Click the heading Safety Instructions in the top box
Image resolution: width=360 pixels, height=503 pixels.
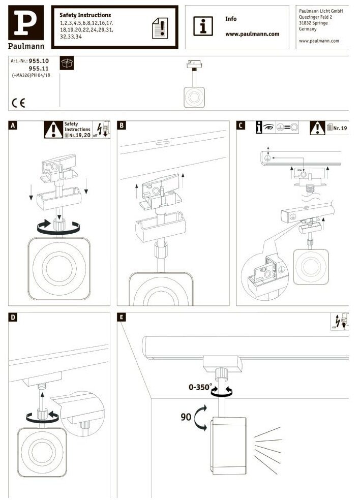pyautogui.click(x=85, y=15)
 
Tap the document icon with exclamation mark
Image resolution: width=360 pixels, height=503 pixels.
pyautogui.click(x=160, y=27)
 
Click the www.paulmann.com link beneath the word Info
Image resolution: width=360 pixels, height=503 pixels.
pyautogui.click(x=252, y=34)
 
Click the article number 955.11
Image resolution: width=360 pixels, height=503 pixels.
pyautogui.click(x=39, y=67)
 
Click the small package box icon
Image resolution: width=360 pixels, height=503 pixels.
pyautogui.click(x=67, y=64)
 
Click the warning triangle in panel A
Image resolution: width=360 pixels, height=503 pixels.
pyautogui.click(x=53, y=130)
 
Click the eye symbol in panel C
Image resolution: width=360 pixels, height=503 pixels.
pyautogui.click(x=268, y=127)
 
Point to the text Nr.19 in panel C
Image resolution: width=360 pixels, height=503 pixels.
pyautogui.click(x=340, y=129)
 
